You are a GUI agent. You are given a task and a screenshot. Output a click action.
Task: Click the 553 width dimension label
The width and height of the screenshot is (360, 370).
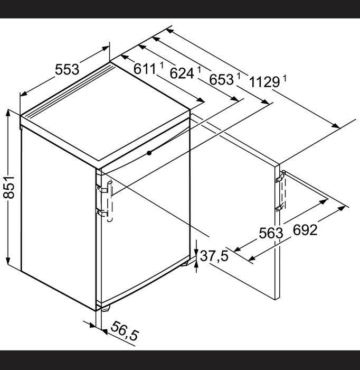pyautogui.click(x=67, y=70)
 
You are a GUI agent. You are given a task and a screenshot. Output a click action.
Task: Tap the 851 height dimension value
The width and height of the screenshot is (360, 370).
pyautogui.click(x=9, y=187)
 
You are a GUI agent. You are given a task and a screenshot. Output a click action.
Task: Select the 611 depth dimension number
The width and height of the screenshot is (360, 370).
pyautogui.click(x=145, y=69)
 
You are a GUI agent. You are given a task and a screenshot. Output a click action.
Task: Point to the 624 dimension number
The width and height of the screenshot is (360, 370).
pyautogui.click(x=182, y=73)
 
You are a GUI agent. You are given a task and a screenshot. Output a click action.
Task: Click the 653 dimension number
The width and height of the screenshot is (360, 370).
pyautogui.click(x=221, y=79)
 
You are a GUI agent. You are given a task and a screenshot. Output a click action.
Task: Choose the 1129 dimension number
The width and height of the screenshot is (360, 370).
pyautogui.click(x=264, y=82)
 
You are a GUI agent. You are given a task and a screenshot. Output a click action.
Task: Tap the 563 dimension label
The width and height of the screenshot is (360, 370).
pyautogui.click(x=271, y=233)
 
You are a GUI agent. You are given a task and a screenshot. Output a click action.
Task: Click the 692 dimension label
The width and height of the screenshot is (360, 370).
pyautogui.click(x=305, y=230)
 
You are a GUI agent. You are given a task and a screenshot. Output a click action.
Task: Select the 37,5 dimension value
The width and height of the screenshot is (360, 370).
pyautogui.click(x=214, y=256)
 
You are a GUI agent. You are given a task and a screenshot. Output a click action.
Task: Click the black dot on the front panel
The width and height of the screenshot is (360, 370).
pyautogui.click(x=149, y=153)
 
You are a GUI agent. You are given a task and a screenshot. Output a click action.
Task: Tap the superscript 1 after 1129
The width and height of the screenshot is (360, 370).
pyautogui.click(x=285, y=78)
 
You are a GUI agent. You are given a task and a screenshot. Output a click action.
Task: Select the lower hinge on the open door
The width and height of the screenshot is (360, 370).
pyautogui.click(x=279, y=207)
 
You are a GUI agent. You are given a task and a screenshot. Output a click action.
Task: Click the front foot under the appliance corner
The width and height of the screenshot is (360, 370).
pyautogui.click(x=106, y=308)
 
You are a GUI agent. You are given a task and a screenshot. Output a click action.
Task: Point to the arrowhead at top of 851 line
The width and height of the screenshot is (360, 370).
pyautogui.click(x=8, y=114)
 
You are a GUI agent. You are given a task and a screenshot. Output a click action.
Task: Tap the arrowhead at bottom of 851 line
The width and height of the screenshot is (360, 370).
pyautogui.click(x=8, y=260)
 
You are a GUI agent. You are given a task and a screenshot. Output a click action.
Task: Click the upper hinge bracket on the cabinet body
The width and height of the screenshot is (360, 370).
pyautogui.click(x=102, y=189)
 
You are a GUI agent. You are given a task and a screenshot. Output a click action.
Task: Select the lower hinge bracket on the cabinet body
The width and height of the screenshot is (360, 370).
pyautogui.click(x=102, y=212)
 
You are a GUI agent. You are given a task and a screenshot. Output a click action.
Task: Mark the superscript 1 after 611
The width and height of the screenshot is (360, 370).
pyautogui.click(x=162, y=65)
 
